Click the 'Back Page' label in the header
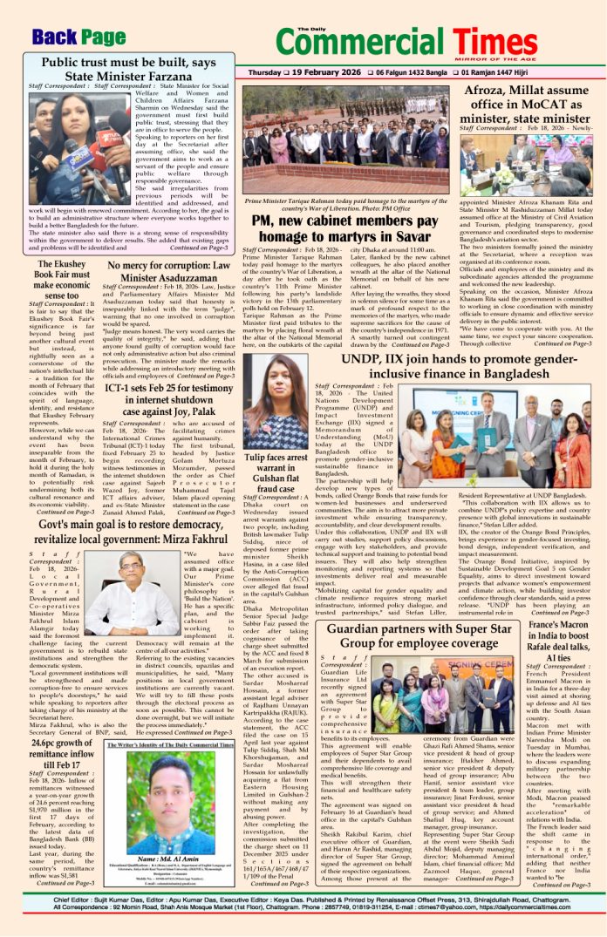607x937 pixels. [x=78, y=37]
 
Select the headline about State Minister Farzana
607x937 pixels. [x=128, y=70]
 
